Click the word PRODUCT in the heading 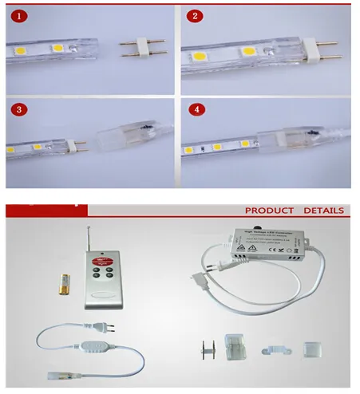click(270, 211)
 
